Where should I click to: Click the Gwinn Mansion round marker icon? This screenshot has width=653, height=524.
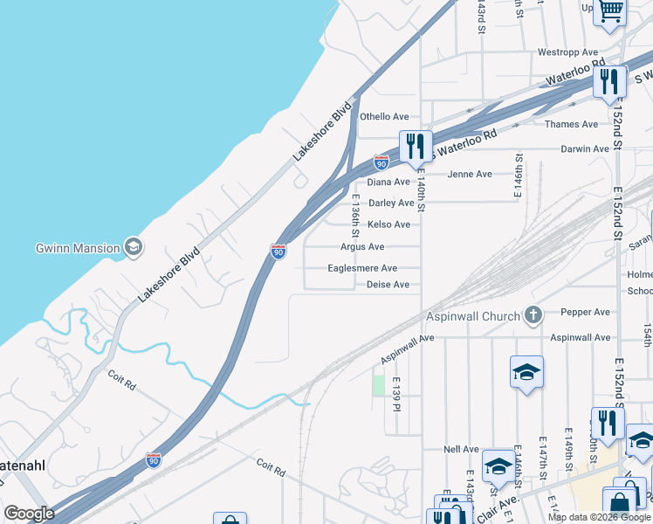[134, 248]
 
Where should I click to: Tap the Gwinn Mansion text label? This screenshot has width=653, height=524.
[77, 248]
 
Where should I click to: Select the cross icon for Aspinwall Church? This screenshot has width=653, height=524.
[533, 315]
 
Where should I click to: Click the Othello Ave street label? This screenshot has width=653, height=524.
[385, 117]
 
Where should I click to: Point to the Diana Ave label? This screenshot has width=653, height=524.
[388, 183]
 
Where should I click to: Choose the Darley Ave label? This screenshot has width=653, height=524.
[391, 203]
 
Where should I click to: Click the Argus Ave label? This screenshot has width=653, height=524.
[362, 247]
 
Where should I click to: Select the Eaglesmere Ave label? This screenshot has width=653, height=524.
[362, 269]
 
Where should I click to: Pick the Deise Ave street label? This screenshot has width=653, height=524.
[388, 285]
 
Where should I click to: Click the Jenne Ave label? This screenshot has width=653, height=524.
[470, 175]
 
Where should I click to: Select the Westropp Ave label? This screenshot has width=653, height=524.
[567, 52]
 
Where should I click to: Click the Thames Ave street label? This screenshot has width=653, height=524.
[572, 125]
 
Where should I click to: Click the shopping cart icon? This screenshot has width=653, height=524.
[610, 11]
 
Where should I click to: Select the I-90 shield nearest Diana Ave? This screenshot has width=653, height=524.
[381, 162]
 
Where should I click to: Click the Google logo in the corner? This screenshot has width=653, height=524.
[29, 514]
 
